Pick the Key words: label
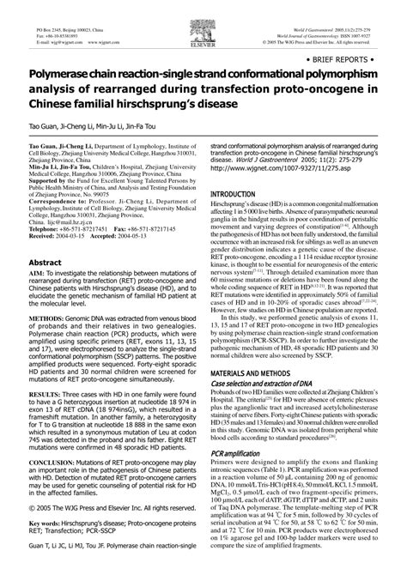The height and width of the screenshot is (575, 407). [46, 546]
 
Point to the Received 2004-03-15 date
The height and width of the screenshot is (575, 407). [62, 238]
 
